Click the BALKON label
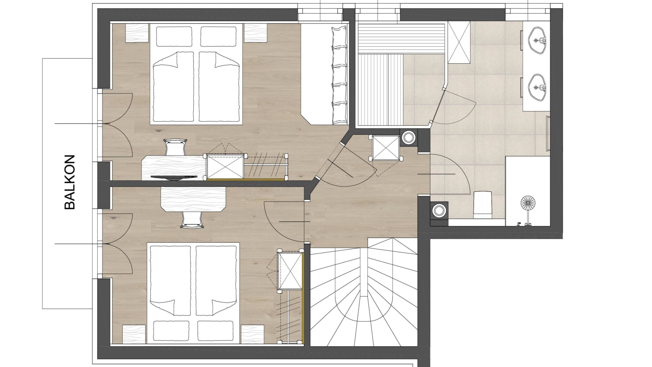pyautogui.click(x=69, y=182)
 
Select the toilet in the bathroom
pyautogui.click(x=483, y=205)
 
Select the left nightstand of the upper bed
pyautogui.click(x=137, y=33)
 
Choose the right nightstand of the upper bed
pyautogui.click(x=256, y=33)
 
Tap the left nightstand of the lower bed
pyautogui.click(x=134, y=334)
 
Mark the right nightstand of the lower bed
pyautogui.click(x=252, y=334)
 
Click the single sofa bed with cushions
pyautogui.click(x=325, y=74)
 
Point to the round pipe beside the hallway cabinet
pyautogui.click(x=409, y=137)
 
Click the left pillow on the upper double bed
pyautogui.click(x=174, y=36)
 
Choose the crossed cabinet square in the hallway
pyautogui.click(x=386, y=148)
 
